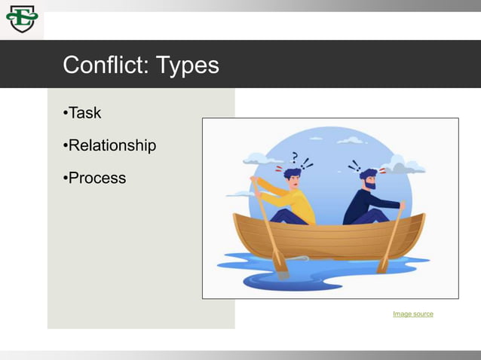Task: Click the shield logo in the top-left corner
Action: tap(21, 19)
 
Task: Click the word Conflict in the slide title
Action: tap(106, 65)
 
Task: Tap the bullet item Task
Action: tap(84, 113)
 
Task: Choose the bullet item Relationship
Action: tap(111, 145)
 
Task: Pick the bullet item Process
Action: tap(96, 178)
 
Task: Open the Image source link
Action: tap(412, 313)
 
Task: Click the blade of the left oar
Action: tap(279, 260)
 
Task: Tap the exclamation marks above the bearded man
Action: tap(354, 165)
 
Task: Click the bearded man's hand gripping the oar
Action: tap(402, 205)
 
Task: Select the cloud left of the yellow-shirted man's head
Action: tap(257, 159)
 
